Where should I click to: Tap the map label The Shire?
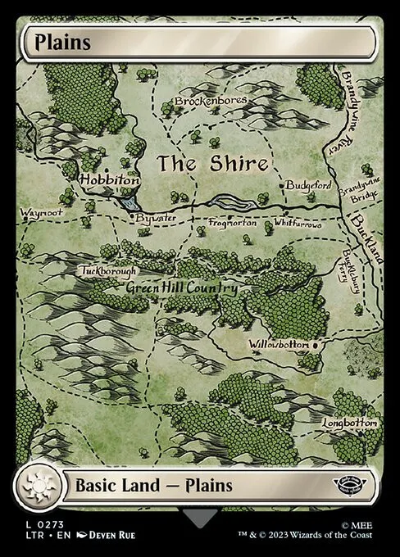[x=212, y=163]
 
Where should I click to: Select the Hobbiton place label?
[x=109, y=179]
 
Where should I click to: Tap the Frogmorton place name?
[x=233, y=223]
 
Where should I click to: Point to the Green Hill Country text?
[x=181, y=288]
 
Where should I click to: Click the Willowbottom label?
[x=280, y=345]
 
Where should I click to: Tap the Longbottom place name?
[x=350, y=423]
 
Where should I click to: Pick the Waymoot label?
[x=39, y=213]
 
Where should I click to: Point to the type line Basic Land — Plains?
[x=153, y=485]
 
